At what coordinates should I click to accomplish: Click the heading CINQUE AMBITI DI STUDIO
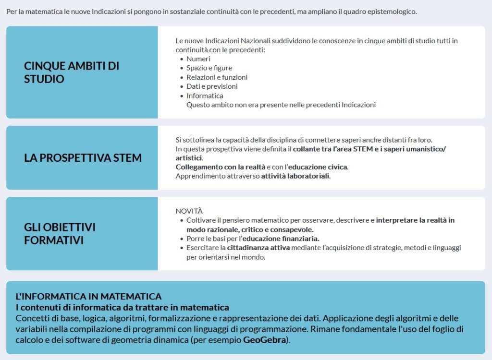pyautogui.click(x=72, y=72)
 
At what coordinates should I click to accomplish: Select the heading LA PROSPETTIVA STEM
pyautogui.click(x=83, y=158)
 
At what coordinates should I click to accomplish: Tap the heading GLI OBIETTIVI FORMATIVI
pyautogui.click(x=60, y=233)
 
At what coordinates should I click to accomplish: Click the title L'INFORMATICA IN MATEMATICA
pyautogui.click(x=88, y=297)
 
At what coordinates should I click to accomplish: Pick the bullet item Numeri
pyautogui.click(x=198, y=59)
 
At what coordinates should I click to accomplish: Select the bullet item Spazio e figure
pyautogui.click(x=209, y=68)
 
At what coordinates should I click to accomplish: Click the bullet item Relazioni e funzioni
pyautogui.click(x=217, y=77)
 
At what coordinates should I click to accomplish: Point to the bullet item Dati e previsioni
pyautogui.click(x=212, y=86)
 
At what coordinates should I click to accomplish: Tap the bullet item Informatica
pyautogui.click(x=205, y=96)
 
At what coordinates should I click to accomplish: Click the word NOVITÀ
pyautogui.click(x=189, y=211)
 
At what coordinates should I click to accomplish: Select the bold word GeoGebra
pyautogui.click(x=264, y=340)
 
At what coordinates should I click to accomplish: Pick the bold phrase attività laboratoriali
pyautogui.click(x=295, y=176)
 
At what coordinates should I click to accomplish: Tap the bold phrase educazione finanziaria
pyautogui.click(x=281, y=239)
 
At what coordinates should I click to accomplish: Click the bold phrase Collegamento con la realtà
pyautogui.click(x=220, y=167)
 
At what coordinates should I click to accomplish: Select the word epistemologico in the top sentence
pyautogui.click(x=393, y=12)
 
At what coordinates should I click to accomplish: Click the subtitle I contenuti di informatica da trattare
pyautogui.click(x=122, y=307)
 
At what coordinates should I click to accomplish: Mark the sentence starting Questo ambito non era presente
pyautogui.click(x=281, y=105)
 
